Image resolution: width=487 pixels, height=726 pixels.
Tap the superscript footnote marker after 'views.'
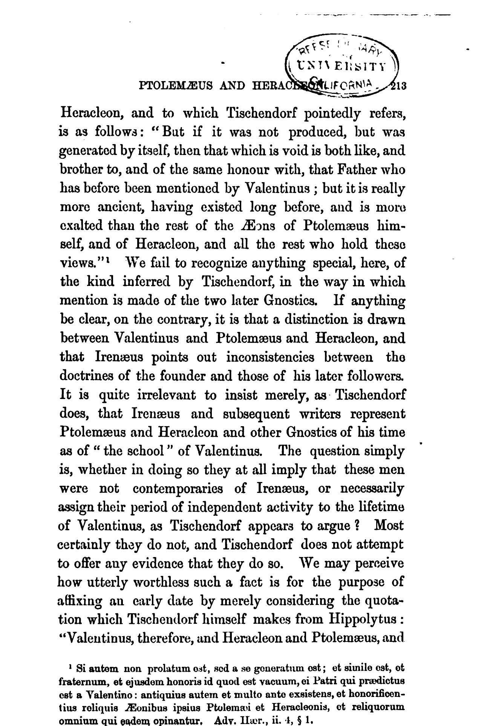click(x=107, y=260)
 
